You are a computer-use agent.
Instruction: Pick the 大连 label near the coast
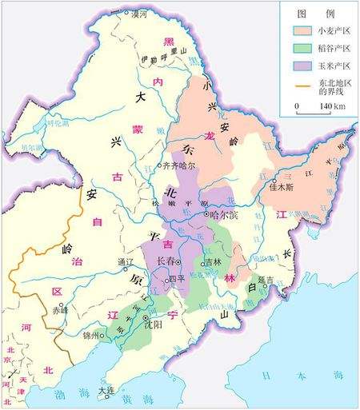[106, 391]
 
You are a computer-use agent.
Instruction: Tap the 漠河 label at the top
[139, 14]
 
